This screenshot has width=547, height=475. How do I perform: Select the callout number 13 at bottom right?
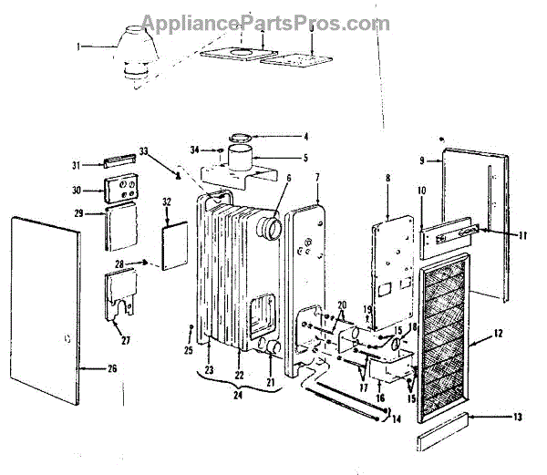(518, 418)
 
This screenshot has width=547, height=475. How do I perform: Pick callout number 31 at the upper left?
(77, 164)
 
